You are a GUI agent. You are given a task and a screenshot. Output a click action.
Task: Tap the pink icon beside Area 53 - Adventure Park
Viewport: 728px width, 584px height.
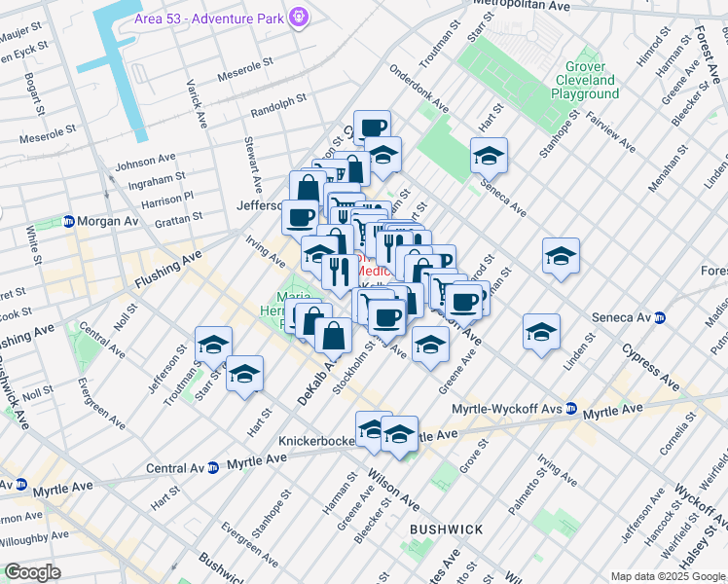(299, 17)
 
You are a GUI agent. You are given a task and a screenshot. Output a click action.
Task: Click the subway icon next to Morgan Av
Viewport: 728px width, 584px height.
(69, 222)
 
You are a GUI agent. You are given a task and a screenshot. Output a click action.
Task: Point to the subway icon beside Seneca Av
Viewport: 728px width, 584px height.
(659, 317)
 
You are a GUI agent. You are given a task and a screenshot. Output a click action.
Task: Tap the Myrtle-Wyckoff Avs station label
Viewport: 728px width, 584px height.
(510, 408)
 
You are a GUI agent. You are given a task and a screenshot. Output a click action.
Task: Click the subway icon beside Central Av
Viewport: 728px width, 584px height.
(211, 467)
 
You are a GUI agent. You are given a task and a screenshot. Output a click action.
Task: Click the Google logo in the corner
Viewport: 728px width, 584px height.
(32, 571)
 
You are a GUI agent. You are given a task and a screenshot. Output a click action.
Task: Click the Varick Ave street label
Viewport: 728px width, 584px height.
(198, 103)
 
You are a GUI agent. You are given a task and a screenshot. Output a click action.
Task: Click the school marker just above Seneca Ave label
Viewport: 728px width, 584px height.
(489, 155)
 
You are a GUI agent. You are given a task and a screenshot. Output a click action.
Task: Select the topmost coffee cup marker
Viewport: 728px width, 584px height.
(372, 127)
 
